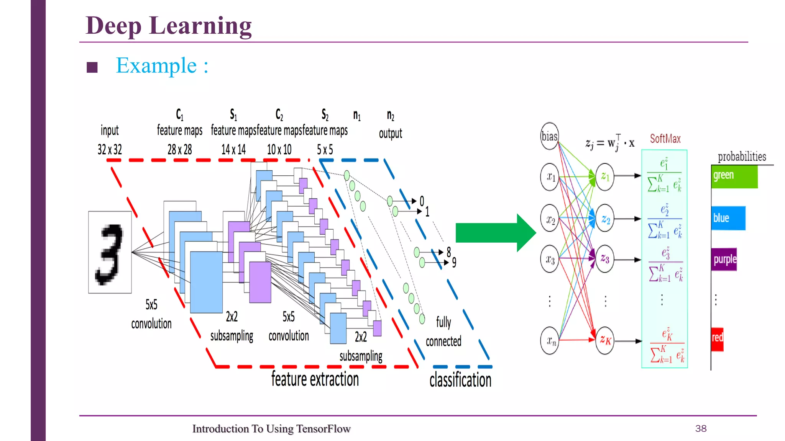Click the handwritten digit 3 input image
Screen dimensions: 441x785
pyautogui.click(x=110, y=252)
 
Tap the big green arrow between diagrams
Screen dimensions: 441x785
pyautogui.click(x=495, y=233)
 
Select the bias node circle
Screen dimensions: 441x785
pyautogui.click(x=549, y=136)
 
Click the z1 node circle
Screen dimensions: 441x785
pyautogui.click(x=605, y=176)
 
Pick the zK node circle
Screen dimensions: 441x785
pyautogui.click(x=605, y=340)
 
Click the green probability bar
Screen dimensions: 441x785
pyautogui.click(x=734, y=176)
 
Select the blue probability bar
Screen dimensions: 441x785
pyautogui.click(x=728, y=218)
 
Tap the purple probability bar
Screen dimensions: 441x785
pyautogui.click(x=724, y=260)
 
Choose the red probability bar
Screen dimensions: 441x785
pyautogui.click(x=717, y=339)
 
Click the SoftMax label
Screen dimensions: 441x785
pyautogui.click(x=665, y=139)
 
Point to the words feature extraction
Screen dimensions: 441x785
pyautogui.click(x=315, y=379)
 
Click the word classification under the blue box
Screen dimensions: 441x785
pyautogui.click(x=460, y=380)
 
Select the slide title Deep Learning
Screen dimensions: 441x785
pyautogui.click(x=169, y=26)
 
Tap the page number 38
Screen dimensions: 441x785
pyautogui.click(x=701, y=428)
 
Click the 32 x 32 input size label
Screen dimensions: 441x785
pyautogui.click(x=110, y=149)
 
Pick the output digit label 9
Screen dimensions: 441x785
pyautogui.click(x=454, y=263)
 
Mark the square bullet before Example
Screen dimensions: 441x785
pyautogui.click(x=92, y=67)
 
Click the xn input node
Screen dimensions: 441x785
pyautogui.click(x=550, y=340)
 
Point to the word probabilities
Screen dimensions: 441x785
pyautogui.click(x=742, y=157)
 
